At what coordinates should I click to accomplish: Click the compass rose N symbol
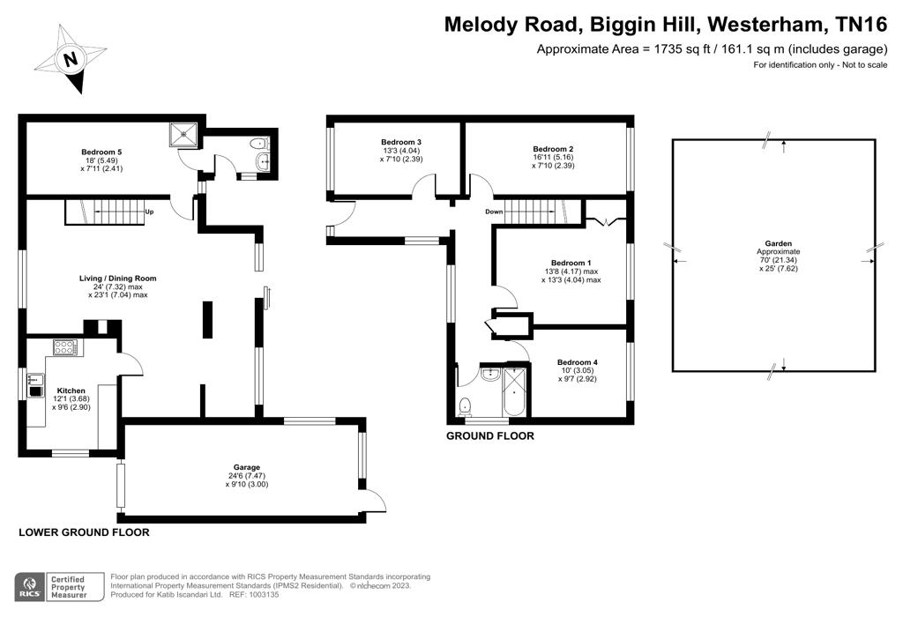71,58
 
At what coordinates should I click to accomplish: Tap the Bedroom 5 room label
101,152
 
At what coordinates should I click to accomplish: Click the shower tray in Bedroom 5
183,134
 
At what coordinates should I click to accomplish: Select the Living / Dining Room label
118,278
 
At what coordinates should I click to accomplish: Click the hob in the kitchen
65,347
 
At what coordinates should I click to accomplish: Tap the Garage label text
247,467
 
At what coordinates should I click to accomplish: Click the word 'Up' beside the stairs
149,212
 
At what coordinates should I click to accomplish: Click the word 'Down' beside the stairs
494,212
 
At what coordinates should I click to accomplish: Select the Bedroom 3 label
401,142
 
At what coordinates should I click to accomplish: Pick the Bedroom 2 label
553,149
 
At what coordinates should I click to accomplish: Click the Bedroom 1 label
571,263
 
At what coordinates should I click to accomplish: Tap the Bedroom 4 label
577,362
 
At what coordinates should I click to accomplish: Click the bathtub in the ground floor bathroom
514,391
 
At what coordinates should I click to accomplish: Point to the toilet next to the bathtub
465,406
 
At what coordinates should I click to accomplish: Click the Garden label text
778,243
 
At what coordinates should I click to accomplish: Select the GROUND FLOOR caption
490,436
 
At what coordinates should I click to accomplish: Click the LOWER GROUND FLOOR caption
84,532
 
